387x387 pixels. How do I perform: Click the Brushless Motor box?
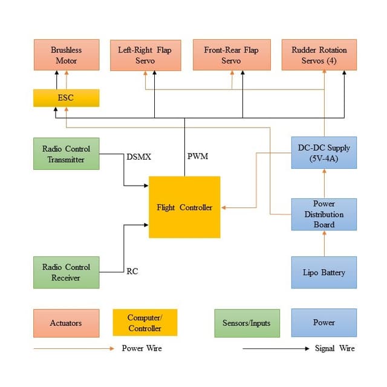pos(66,55)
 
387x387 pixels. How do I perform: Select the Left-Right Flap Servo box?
pos(145,55)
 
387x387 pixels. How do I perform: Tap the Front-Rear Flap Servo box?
pos(230,55)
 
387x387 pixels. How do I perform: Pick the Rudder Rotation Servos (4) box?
pos(319,55)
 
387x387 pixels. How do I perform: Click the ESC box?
pos(66,98)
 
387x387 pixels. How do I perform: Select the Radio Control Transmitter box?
pos(66,154)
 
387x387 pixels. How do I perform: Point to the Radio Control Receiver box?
pos(66,272)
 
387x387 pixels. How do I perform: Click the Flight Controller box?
pos(184,207)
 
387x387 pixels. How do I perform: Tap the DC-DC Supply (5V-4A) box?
pos(324,154)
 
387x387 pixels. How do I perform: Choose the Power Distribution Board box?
pos(324,214)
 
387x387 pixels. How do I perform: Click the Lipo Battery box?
pos(324,272)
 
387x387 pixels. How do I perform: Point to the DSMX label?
pos(139,157)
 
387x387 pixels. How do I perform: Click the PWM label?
pos(198,157)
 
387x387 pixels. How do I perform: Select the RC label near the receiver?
pos(132,272)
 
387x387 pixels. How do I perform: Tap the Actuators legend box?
pos(66,323)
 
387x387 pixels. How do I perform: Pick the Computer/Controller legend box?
pos(145,323)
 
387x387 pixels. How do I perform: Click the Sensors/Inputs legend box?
pos(247,323)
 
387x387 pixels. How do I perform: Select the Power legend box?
pos(324,323)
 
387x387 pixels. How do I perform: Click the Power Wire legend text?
pos(141,348)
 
